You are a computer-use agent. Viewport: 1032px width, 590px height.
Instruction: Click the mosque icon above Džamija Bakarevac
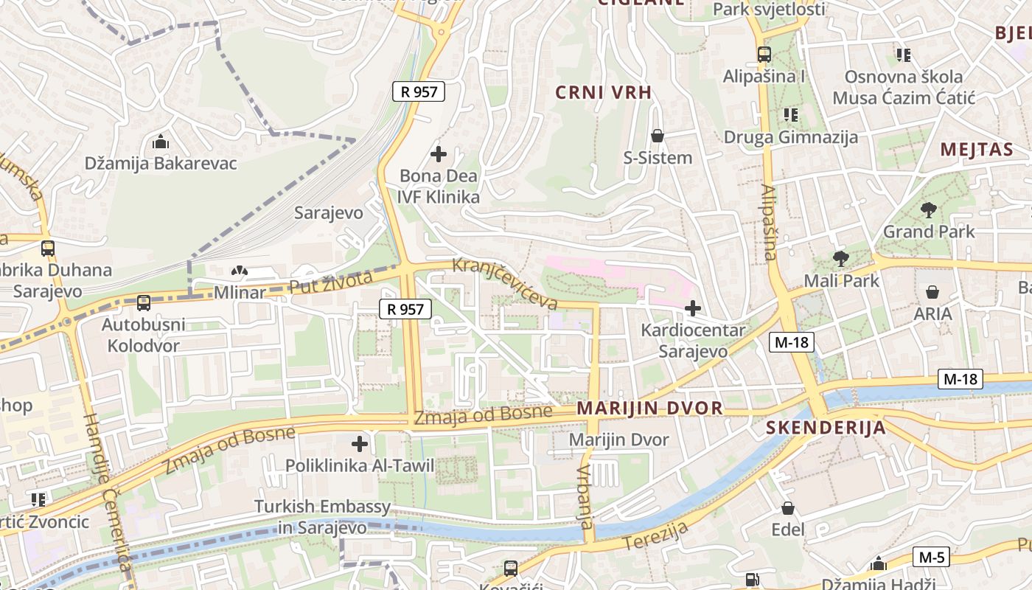tap(161, 142)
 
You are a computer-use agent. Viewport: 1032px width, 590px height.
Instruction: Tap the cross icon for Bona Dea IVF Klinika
tap(439, 154)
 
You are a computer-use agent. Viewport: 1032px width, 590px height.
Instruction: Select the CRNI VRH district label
tap(604, 92)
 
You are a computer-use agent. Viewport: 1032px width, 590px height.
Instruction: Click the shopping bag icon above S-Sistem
tap(658, 136)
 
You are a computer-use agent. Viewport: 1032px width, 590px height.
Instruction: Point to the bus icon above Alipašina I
tap(764, 54)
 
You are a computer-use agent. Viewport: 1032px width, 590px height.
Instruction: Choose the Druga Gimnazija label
tap(790, 137)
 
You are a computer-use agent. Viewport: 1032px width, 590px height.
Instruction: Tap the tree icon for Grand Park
tap(929, 210)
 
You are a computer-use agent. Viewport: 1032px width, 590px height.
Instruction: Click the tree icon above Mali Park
tap(840, 258)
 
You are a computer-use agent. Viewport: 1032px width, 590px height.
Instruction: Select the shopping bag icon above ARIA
tap(932, 292)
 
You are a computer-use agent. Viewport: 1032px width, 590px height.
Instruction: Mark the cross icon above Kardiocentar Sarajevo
tap(693, 308)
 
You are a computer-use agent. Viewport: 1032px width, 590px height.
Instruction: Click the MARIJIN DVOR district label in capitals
tap(649, 409)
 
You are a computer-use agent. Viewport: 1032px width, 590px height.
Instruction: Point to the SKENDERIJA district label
tap(826, 428)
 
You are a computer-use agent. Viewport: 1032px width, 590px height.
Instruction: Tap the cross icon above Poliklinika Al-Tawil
tap(359, 444)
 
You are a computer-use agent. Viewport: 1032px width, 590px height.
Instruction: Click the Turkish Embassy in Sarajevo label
tap(322, 517)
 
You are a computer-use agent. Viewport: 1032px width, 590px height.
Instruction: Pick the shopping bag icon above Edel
tap(788, 508)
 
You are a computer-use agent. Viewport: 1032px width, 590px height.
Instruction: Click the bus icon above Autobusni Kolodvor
tap(144, 302)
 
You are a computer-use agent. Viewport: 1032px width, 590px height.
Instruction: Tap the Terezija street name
tap(656, 535)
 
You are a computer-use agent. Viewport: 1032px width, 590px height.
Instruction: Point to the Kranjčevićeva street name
tap(505, 283)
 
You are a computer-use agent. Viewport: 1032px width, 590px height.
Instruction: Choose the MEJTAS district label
tap(977, 150)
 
